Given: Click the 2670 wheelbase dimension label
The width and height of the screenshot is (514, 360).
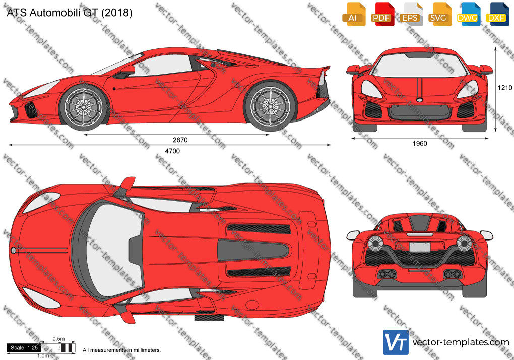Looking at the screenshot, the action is [x=180, y=140].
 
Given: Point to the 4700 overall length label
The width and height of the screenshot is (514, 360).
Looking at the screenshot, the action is [x=172, y=151].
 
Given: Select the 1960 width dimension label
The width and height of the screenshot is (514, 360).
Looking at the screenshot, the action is [x=420, y=143].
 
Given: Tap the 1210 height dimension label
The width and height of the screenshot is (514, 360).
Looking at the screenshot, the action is [x=505, y=88].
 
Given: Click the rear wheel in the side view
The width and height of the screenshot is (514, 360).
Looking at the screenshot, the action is [x=270, y=107].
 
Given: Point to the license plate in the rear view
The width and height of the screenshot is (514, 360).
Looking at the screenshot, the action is [x=420, y=247].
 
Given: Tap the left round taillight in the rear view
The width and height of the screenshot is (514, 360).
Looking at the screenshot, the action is [x=375, y=243].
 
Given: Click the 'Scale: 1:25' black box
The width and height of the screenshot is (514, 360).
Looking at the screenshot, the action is [x=24, y=347].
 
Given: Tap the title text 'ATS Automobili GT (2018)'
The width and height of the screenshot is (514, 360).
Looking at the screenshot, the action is [x=70, y=13].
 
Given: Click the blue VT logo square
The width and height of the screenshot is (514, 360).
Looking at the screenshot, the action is [x=396, y=342].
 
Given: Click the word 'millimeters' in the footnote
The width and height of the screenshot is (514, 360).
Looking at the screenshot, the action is [x=147, y=350].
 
